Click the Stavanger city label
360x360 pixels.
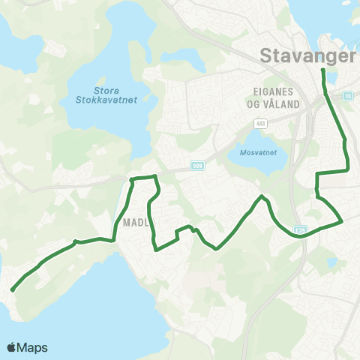click(307, 55)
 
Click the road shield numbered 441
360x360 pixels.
click(260, 123)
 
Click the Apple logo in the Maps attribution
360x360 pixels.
click(13, 347)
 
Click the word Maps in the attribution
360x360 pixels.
click(34, 347)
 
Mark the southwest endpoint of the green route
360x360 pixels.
click(13, 289)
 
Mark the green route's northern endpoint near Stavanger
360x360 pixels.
click(322, 70)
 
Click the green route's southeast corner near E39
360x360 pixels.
click(342, 221)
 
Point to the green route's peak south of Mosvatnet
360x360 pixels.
click(262, 196)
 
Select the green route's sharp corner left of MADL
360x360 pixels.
click(113, 241)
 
